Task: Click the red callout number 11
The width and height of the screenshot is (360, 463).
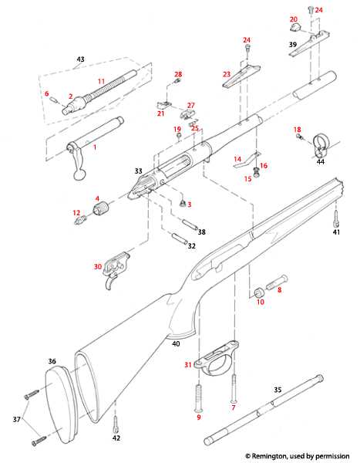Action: (101, 81)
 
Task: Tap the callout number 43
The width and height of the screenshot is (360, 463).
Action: (79, 59)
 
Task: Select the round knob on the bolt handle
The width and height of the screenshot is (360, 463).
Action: (79, 175)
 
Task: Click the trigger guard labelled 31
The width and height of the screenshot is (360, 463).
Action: (220, 358)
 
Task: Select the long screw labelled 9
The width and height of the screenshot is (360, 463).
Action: (200, 394)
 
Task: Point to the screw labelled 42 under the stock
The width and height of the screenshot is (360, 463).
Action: (116, 424)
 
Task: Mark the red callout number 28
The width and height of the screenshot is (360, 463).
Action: (178, 75)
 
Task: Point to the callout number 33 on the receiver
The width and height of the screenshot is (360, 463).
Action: (139, 171)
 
